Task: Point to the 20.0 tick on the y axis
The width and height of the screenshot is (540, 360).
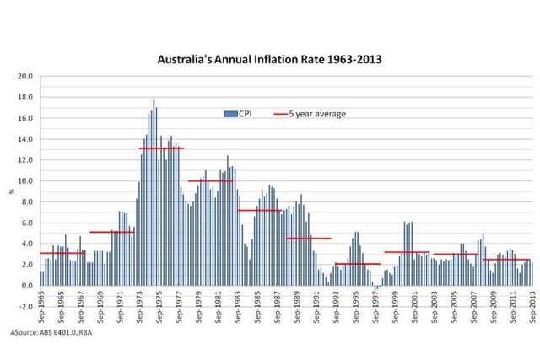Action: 24,77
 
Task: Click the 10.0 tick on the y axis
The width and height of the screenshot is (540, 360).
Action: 24,181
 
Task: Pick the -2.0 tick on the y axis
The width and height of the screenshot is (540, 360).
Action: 24,306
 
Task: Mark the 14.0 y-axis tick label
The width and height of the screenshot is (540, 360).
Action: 24,139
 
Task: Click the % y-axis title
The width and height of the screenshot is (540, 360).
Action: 12,191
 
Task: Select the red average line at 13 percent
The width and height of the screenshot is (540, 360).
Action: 161,148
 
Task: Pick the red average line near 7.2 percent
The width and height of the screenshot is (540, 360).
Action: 259,210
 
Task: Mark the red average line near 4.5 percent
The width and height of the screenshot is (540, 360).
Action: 309,238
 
